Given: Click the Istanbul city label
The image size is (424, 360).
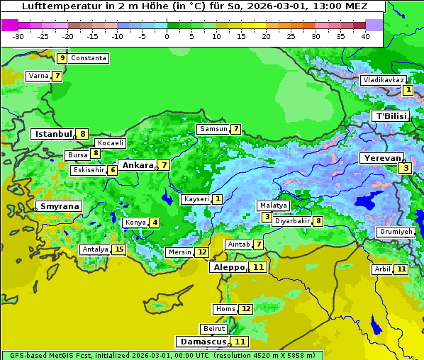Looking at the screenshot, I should click(x=53, y=134).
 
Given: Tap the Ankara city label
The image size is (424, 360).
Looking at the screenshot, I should click(x=137, y=165).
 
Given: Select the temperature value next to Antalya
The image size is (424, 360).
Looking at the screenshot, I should click(x=118, y=249).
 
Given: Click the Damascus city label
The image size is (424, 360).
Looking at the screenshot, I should click(x=203, y=342).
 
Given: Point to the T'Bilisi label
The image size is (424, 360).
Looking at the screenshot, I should click(x=391, y=116).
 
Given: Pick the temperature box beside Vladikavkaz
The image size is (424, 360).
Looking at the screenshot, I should click(x=408, y=90).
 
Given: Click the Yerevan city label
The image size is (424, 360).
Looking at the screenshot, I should click(x=381, y=158).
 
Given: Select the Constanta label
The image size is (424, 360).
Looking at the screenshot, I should click(x=89, y=58).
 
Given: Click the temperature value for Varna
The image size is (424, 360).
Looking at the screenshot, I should click(x=57, y=76).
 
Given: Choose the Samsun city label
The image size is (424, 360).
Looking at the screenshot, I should click(x=213, y=129).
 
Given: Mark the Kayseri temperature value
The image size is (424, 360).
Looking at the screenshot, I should click(x=217, y=199).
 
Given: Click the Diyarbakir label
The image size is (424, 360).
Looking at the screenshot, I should click(x=292, y=221).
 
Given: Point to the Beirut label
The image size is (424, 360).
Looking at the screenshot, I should click(x=214, y=329).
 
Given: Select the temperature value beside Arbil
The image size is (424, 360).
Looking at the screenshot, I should click(x=401, y=269).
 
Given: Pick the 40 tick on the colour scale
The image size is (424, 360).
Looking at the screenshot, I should click(x=365, y=36).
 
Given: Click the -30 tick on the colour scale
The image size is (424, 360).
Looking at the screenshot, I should click(x=18, y=36).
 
